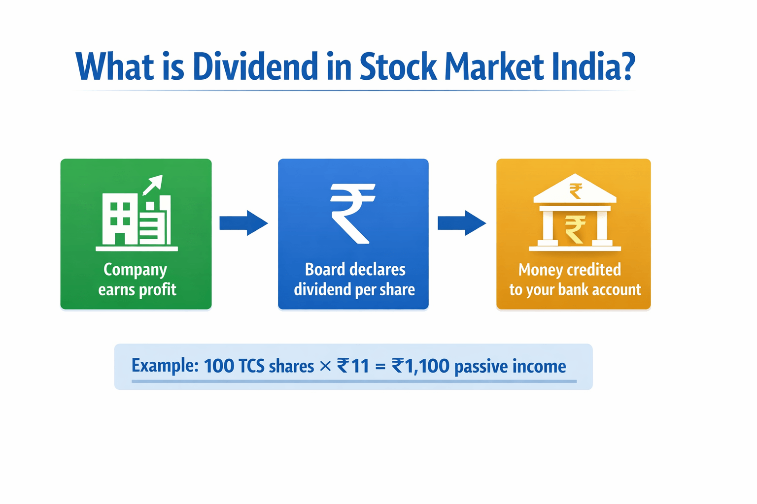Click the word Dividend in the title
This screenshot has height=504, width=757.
pos(255,66)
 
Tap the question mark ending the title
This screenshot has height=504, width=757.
pos(626,66)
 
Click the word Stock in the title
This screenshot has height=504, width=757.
pos(398,66)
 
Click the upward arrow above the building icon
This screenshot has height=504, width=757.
pos(153,185)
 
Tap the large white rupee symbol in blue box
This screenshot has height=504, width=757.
pos(352,213)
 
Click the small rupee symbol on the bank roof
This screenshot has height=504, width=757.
pos(575,190)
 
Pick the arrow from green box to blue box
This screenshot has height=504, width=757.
pos(243,223)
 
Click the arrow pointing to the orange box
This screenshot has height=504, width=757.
pos(462,223)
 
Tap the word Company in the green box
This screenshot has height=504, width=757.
pos(136,270)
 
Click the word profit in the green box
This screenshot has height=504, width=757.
pos(157,289)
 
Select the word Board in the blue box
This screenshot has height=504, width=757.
pos(325,269)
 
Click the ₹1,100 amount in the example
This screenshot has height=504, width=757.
pos(420,366)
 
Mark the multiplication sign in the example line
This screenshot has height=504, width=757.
pos(325,366)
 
